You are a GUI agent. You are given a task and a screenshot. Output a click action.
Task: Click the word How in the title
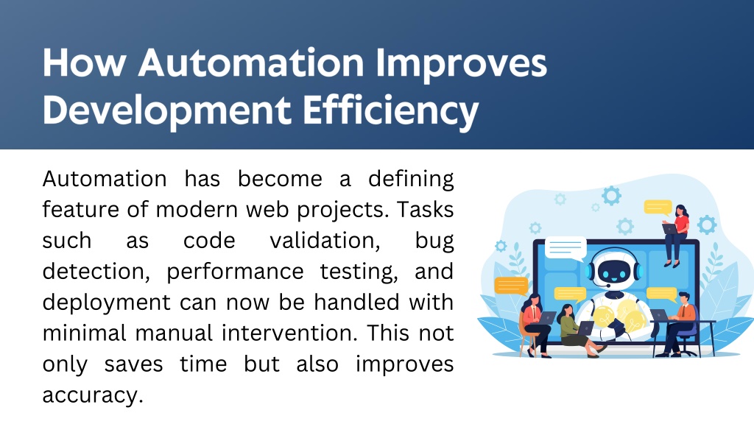point(84,63)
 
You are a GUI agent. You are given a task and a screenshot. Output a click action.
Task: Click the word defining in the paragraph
point(411,180)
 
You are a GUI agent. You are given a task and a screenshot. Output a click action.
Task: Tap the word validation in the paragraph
point(325,241)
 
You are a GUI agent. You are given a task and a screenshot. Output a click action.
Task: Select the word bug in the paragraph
point(434,241)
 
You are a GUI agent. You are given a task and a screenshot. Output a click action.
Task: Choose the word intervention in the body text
point(290,333)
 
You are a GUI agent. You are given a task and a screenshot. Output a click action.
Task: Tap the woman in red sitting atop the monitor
point(676,235)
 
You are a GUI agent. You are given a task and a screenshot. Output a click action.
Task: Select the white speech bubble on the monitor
point(565,248)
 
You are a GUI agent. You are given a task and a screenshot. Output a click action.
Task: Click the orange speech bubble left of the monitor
point(511,286)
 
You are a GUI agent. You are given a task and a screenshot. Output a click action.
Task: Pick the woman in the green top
point(575,331)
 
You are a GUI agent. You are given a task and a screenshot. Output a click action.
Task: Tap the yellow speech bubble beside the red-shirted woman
point(658,207)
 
